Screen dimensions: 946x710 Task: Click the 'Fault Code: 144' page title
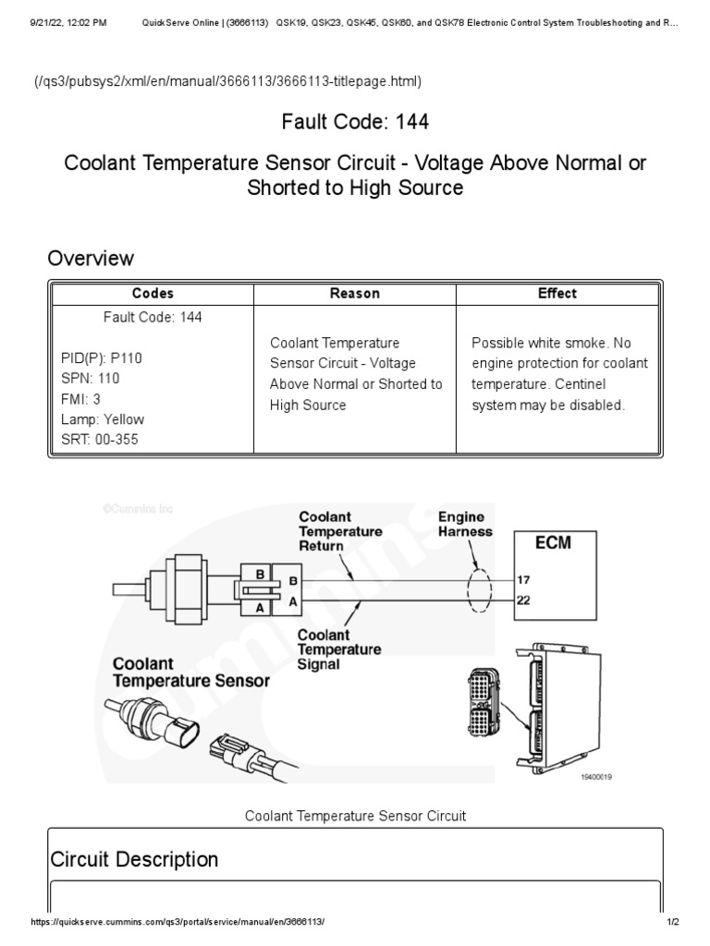point(355,122)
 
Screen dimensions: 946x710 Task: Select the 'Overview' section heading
point(91,258)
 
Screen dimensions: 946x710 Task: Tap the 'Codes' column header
point(153,294)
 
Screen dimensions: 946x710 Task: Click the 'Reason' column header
point(355,294)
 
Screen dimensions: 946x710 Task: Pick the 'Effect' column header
point(557,294)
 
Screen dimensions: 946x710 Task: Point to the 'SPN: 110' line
point(91,379)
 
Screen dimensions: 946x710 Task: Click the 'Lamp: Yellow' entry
point(103,419)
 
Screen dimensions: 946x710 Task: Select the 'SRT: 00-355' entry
point(100,440)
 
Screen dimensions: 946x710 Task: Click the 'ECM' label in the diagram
point(553,543)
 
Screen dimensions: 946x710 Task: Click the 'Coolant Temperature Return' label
point(339,532)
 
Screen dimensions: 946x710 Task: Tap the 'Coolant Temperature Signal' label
point(339,649)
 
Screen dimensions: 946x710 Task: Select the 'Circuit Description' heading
point(134,859)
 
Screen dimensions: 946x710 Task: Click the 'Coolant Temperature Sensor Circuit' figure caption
point(355,816)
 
